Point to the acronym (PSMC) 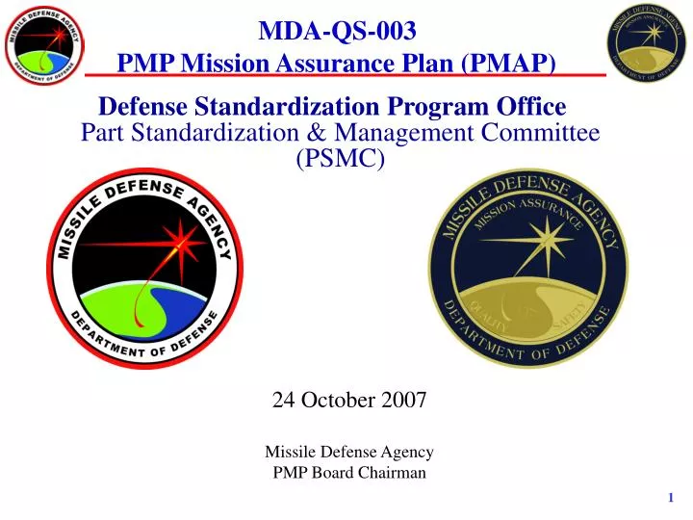pyautogui.click(x=342, y=159)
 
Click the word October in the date pyautogui.click(x=344, y=401)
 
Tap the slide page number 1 pyautogui.click(x=670, y=497)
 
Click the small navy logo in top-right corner pyautogui.click(x=647, y=43)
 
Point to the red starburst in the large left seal pyautogui.click(x=179, y=239)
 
